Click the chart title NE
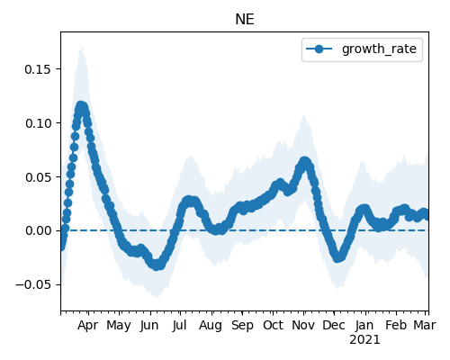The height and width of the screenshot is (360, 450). [245, 20]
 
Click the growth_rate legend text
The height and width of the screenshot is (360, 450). [379, 49]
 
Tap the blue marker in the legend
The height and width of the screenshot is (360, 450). [319, 49]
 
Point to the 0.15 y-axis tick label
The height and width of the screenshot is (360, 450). [38, 69]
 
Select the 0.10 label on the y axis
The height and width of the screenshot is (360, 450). [38, 123]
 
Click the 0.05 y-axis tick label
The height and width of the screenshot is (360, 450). [38, 177]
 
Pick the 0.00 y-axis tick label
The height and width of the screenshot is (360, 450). [38, 230]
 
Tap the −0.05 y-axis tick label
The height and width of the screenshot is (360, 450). [33, 284]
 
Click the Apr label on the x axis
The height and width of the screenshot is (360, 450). [87, 326]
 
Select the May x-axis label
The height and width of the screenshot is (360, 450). [119, 326]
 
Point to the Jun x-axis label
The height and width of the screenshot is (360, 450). [149, 326]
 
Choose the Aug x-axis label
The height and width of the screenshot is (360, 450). [211, 326]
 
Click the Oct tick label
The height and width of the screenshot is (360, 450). [273, 326]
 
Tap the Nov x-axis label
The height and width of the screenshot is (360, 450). [303, 326]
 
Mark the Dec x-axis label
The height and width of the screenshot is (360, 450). [334, 326]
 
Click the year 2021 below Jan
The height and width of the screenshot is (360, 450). [364, 340]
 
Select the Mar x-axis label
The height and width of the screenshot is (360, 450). [425, 326]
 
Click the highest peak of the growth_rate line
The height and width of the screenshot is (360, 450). [80, 106]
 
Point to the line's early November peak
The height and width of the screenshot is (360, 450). [304, 162]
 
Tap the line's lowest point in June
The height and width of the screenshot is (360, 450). [157, 265]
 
